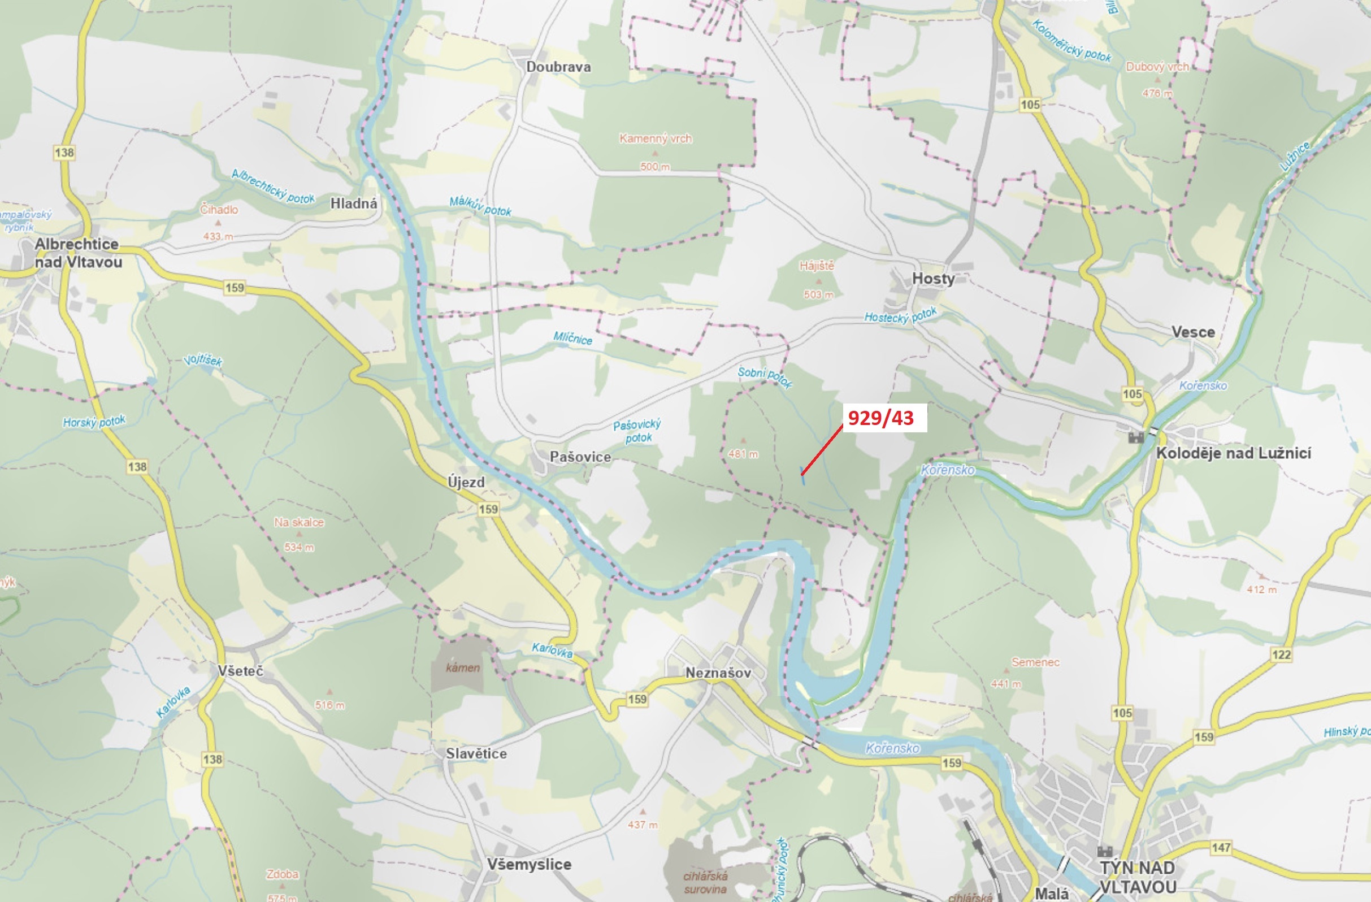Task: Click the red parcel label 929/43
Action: [x=881, y=418]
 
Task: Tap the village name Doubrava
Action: [x=558, y=67]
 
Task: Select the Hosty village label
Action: [x=932, y=279]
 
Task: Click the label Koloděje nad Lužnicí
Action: [x=1233, y=453]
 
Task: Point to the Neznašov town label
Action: [x=718, y=673]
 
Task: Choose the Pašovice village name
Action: [x=579, y=457]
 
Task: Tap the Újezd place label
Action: [x=466, y=482]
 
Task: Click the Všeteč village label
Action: [x=240, y=671]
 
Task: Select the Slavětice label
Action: [x=476, y=753]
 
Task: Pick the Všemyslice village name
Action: [x=529, y=864]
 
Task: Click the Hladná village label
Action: [x=354, y=203]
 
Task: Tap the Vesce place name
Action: [x=1193, y=332]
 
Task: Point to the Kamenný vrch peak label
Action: [x=655, y=138]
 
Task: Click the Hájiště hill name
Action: [x=816, y=266]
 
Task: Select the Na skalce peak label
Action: [x=298, y=522]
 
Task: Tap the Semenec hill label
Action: [x=1035, y=662]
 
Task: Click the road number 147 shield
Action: [x=1221, y=847]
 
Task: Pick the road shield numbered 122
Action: [x=1281, y=654]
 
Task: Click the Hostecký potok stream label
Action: [x=900, y=315]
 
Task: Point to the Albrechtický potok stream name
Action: [x=273, y=186]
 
